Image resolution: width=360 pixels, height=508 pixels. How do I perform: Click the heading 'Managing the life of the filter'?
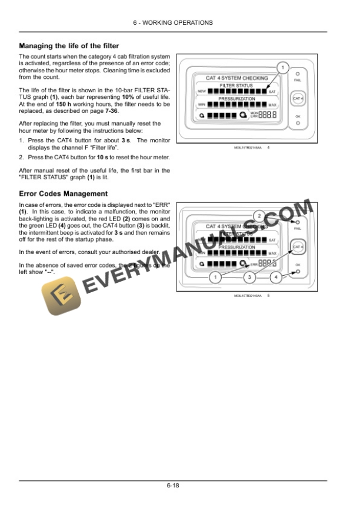click(x=69, y=45)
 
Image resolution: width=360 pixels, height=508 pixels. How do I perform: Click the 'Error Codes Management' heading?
click(x=63, y=193)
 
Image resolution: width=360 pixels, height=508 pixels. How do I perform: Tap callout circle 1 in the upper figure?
click(x=283, y=68)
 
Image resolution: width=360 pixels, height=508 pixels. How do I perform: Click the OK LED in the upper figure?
click(x=298, y=123)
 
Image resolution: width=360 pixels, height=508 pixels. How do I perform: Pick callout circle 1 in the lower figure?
click(x=215, y=276)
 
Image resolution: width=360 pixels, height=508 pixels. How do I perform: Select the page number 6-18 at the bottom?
click(x=172, y=486)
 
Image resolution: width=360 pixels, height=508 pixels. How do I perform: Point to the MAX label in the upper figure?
click(x=272, y=105)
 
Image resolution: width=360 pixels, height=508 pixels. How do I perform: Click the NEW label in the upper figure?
click(x=201, y=92)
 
